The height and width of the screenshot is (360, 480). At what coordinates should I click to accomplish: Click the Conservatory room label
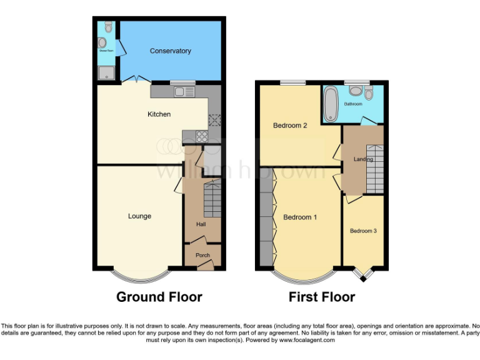(x=170, y=51)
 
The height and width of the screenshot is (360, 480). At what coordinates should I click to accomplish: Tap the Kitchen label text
(x=159, y=114)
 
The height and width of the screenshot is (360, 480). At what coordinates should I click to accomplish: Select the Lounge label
(x=139, y=216)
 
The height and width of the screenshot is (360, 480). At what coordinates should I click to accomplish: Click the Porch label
(x=202, y=255)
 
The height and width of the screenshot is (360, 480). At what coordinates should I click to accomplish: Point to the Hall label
(x=202, y=225)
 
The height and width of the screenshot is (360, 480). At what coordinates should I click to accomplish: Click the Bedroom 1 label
(x=300, y=217)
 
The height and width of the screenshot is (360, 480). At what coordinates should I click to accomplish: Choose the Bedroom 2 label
(x=290, y=126)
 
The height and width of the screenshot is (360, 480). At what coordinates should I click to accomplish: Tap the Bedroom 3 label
(x=363, y=231)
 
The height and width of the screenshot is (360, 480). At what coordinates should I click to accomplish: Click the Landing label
(x=363, y=159)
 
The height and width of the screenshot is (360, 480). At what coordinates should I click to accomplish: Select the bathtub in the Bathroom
(x=331, y=104)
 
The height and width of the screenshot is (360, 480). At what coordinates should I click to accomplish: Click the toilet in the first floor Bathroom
(x=369, y=94)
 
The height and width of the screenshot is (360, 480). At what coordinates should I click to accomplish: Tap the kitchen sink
(x=184, y=92)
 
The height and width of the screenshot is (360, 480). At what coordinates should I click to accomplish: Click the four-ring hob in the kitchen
(x=202, y=137)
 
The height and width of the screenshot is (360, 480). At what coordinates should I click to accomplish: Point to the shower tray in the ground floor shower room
(x=107, y=74)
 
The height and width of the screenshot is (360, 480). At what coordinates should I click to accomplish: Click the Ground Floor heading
(x=159, y=297)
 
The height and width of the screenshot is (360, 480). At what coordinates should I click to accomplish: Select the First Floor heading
(x=321, y=297)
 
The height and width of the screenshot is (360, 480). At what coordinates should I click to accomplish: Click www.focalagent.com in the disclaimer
(x=307, y=341)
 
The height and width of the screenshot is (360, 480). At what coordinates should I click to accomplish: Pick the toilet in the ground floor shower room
(x=109, y=26)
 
